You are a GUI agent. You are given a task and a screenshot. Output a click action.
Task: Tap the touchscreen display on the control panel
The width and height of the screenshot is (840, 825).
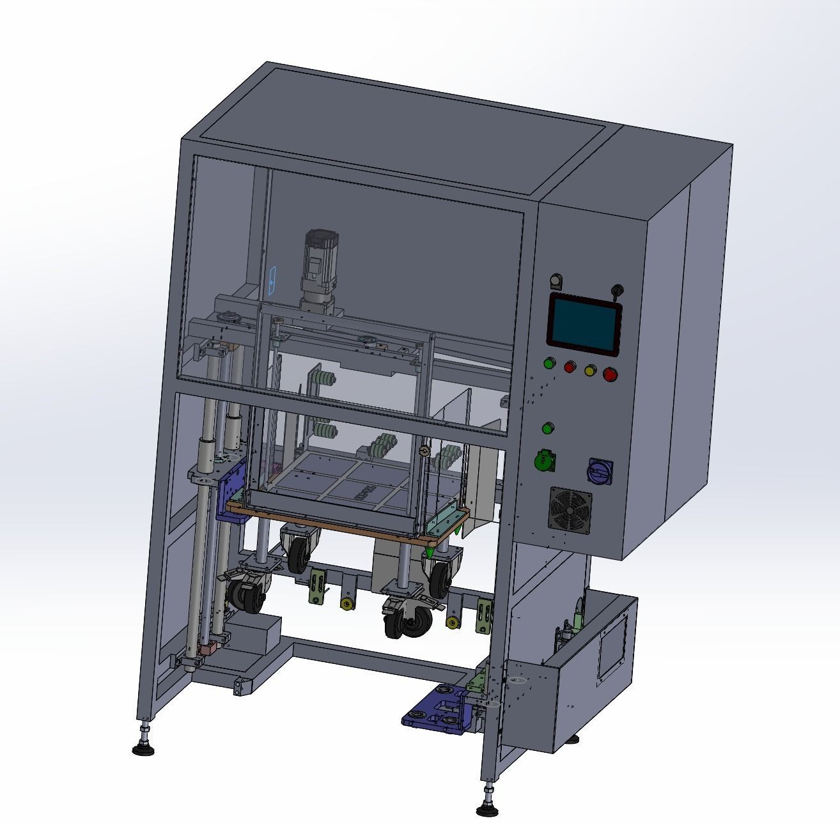(584, 324)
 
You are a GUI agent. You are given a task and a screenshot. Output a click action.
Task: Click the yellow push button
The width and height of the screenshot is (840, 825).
(590, 369)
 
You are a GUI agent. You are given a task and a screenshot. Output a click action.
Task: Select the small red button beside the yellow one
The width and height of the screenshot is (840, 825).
(569, 366)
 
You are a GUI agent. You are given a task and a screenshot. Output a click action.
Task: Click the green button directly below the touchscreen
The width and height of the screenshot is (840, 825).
(548, 364)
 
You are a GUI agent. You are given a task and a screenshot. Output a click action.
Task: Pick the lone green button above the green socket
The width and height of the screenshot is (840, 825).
(548, 428)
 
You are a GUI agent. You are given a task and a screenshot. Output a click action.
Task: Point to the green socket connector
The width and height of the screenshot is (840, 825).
(544, 461)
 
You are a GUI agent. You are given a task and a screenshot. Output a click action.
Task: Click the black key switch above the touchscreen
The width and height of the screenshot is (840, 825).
(618, 291)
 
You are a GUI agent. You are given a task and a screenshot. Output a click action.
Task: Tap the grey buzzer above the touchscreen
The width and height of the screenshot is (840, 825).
(555, 281)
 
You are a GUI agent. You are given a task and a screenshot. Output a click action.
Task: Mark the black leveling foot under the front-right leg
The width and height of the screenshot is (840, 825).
(488, 808)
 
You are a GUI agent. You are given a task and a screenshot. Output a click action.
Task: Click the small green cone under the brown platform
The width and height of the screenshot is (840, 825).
(430, 549)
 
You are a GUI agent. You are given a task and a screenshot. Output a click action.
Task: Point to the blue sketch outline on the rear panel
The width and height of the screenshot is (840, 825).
(272, 281)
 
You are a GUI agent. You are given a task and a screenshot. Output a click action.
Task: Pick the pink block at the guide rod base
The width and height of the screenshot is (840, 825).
(208, 649)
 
